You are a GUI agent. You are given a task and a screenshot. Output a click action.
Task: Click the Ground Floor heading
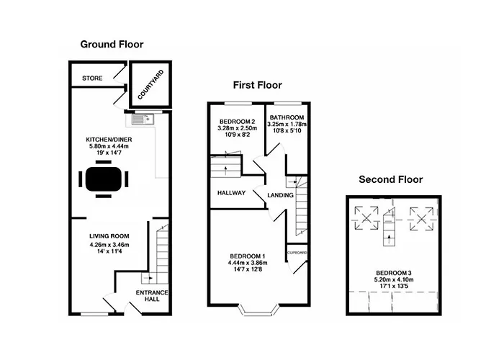point(112,45)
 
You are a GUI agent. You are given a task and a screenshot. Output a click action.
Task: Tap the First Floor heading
point(258,85)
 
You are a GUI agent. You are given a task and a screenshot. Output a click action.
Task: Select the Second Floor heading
point(390,179)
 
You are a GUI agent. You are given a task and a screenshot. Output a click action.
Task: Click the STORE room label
point(92,78)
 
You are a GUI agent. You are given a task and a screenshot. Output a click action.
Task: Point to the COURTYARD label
point(150,84)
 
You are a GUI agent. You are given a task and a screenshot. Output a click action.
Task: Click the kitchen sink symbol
point(143,120)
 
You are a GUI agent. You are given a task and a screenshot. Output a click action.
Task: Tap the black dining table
point(104,179)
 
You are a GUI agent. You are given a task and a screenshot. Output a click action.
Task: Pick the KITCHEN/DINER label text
point(109,140)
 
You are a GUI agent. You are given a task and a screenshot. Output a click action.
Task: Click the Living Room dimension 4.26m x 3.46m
point(109,245)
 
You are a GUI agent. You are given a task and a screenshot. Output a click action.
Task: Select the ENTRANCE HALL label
point(152,296)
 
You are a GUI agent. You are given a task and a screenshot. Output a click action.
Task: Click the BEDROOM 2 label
point(237,122)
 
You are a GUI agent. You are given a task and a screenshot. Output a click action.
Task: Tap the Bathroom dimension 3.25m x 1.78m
point(287,124)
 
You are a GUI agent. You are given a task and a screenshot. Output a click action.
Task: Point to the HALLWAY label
point(231,193)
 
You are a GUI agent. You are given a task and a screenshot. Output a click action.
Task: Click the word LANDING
point(280,195)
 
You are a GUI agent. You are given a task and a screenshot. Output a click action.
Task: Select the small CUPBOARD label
point(297,253)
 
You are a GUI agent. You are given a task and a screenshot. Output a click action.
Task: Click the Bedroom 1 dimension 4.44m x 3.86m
point(248,263)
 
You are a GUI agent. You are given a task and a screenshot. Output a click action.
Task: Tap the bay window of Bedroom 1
point(259,309)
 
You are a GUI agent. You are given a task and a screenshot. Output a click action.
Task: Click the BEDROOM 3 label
point(394,273)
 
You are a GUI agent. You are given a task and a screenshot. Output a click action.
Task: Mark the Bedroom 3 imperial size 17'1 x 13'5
point(394,286)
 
